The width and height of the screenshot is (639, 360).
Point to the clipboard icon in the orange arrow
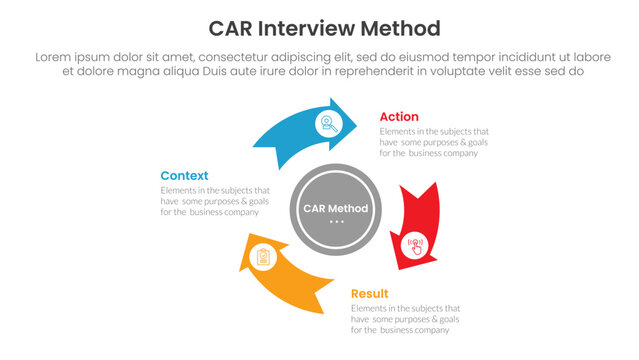[263, 258]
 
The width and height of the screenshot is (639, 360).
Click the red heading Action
[399, 117]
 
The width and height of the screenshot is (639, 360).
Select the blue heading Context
[184, 175]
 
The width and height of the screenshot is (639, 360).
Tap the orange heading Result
[369, 294]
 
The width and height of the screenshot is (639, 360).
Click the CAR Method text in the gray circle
[335, 208]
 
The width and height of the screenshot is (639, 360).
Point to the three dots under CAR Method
[335, 221]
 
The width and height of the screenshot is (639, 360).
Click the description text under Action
[434, 142]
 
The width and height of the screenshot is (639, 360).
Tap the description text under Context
[215, 201]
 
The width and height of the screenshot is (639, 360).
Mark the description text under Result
[405, 319]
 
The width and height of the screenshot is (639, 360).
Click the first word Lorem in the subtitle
[55, 57]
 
